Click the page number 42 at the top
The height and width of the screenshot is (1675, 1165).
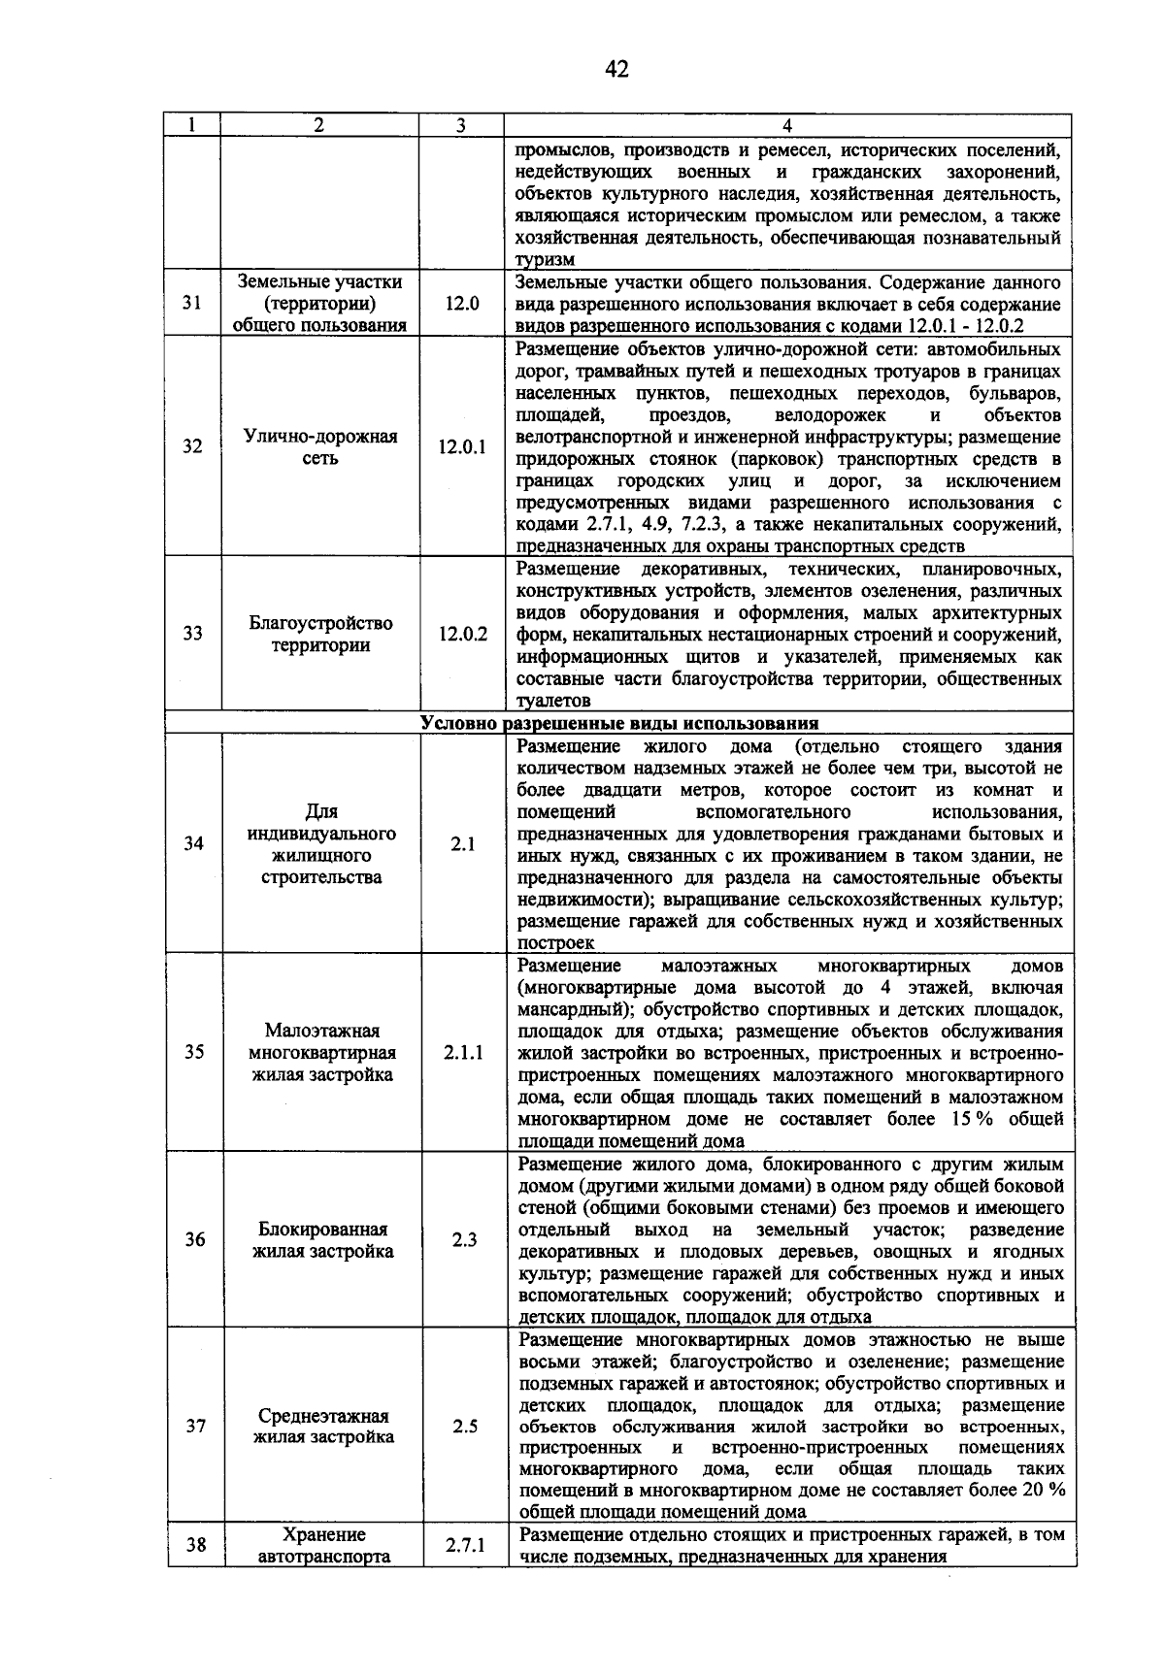pos(616,69)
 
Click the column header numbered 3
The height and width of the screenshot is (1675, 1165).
pos(461,125)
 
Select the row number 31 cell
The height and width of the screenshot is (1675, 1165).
pos(192,303)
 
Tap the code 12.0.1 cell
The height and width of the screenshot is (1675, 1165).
pos(462,446)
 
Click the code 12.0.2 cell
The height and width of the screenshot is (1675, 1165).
pos(462,634)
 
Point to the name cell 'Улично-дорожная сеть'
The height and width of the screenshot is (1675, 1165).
pos(320,446)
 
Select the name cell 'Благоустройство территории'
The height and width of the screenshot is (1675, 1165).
pos(320,634)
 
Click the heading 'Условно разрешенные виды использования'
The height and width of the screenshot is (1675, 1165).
pos(619,723)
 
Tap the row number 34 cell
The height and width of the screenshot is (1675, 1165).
pos(194,843)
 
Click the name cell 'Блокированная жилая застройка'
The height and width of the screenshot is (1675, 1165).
pos(322,1240)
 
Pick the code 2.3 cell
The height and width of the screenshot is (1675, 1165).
pos(463,1240)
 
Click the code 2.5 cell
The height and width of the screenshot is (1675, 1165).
pos(463,1427)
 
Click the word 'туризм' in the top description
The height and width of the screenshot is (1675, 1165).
pos(545,260)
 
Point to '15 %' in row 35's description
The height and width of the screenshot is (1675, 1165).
pos(960,1119)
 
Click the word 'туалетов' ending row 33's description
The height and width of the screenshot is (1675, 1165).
pos(553,701)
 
